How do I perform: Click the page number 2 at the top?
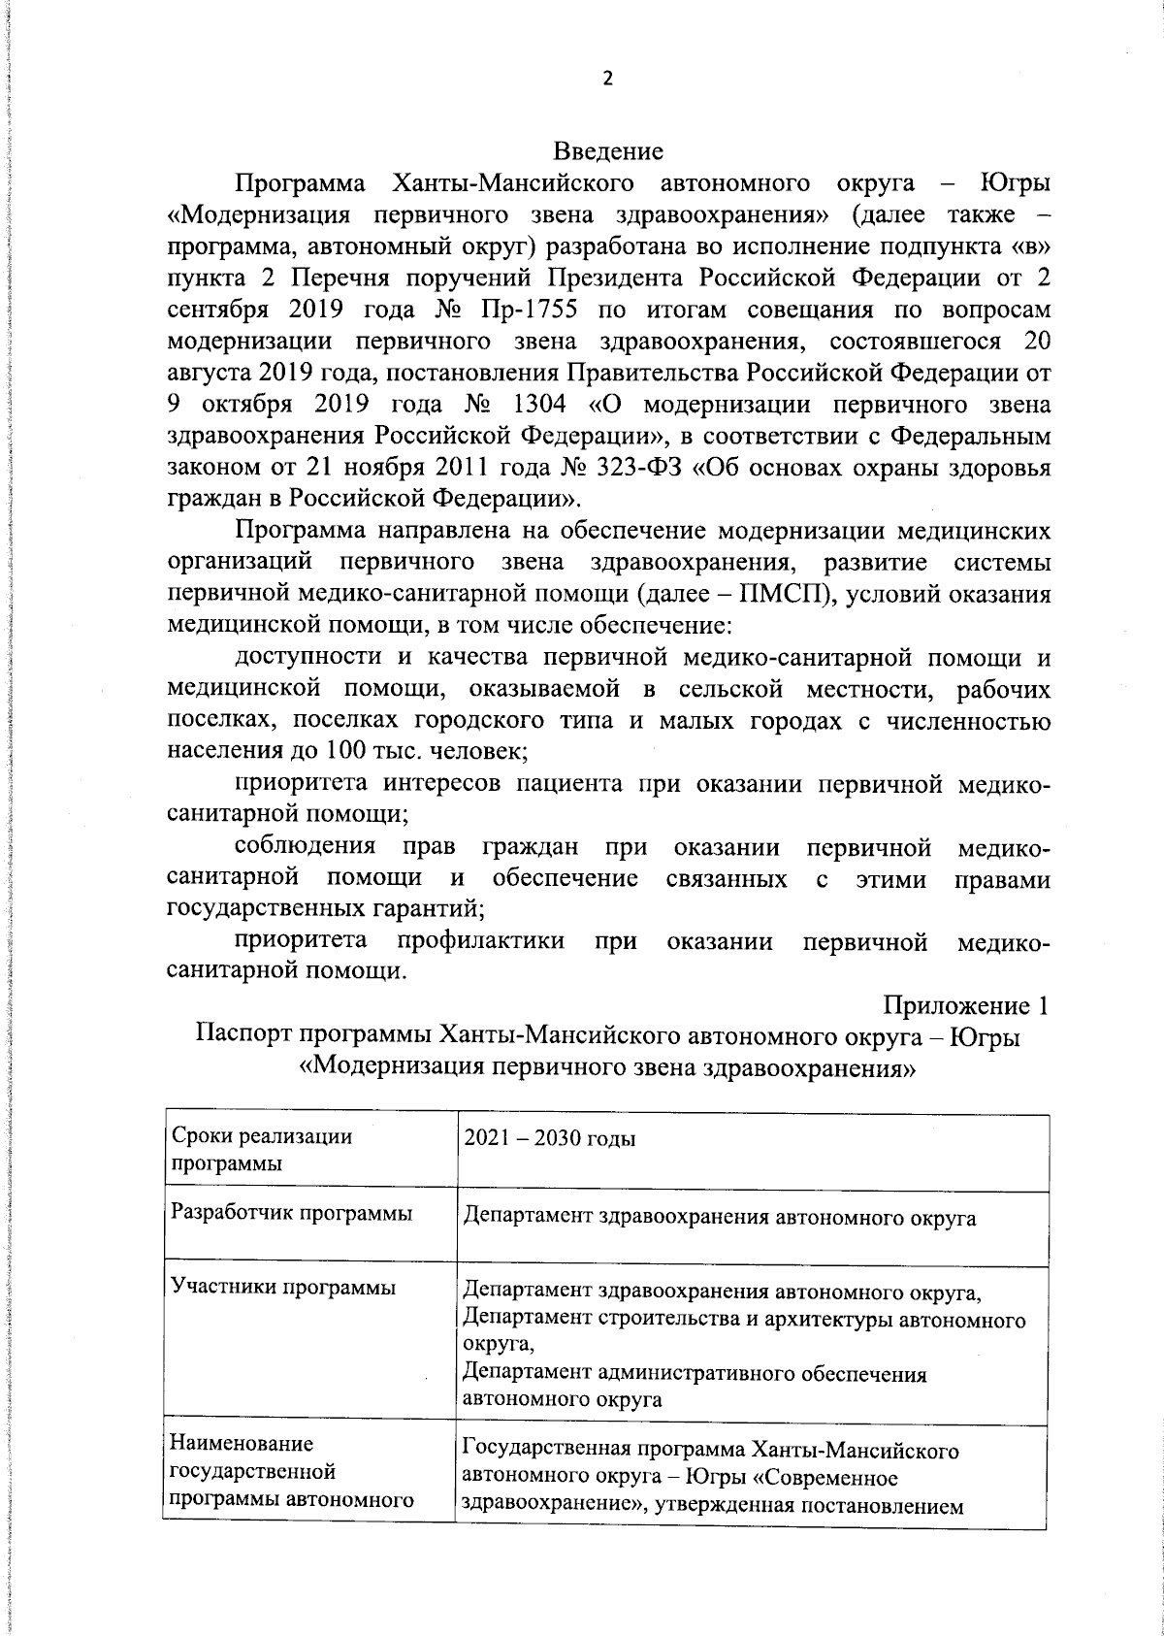click(608, 80)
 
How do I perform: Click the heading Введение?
click(608, 151)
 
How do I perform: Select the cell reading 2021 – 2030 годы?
click(549, 1138)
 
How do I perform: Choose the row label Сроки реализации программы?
click(261, 1150)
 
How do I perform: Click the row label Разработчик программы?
click(291, 1213)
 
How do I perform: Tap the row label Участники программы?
click(283, 1288)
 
